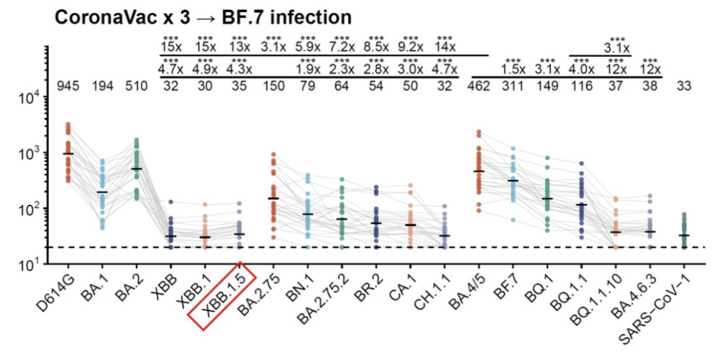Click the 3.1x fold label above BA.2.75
point(273,48)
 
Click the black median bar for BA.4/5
point(479,171)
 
